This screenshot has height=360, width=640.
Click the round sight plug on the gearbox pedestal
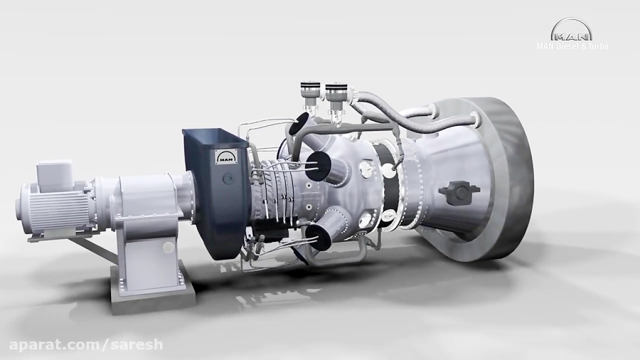168,248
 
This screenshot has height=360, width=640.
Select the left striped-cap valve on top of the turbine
307,92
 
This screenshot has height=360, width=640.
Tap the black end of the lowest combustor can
318,237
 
